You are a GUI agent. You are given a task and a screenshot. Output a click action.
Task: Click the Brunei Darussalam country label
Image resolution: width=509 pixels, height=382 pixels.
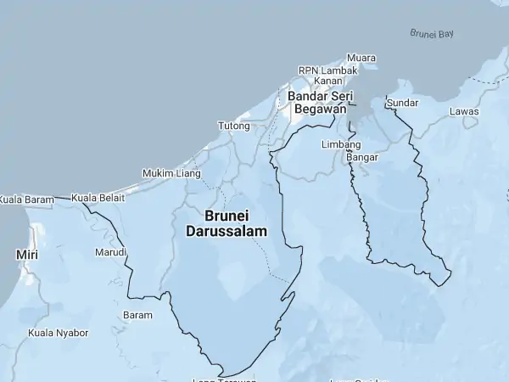(x=226, y=223)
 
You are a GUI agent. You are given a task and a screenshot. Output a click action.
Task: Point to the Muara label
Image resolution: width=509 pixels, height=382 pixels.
(x=361, y=58)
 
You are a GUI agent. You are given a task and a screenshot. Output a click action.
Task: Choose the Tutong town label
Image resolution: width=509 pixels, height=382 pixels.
(x=234, y=126)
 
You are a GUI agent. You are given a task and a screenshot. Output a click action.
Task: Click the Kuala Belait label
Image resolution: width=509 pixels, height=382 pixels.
(x=98, y=198)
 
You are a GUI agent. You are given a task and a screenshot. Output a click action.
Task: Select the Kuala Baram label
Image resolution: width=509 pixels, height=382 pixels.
(x=26, y=199)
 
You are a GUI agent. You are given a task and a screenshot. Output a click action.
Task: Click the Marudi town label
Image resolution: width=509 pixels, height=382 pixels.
(x=110, y=253)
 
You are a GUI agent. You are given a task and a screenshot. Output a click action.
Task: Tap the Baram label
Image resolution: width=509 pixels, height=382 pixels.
(x=138, y=315)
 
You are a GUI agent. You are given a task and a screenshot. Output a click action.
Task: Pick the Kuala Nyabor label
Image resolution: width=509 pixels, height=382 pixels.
(x=59, y=333)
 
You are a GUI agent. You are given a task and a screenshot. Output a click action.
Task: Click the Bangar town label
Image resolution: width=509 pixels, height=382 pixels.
(x=362, y=157)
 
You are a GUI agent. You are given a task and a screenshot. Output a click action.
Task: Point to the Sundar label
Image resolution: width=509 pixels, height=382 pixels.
(x=402, y=103)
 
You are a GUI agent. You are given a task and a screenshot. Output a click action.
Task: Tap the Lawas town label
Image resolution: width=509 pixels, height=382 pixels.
(x=464, y=111)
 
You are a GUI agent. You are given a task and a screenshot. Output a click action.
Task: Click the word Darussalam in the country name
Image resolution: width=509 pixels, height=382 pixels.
(x=226, y=231)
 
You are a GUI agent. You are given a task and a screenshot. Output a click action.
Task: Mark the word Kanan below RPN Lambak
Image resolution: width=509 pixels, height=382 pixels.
(x=328, y=81)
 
